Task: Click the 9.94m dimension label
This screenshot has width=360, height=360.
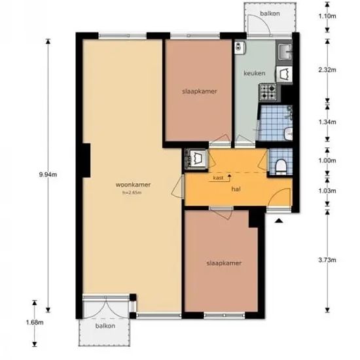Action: [48, 175]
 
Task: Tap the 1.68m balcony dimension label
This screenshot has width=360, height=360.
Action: [35, 322]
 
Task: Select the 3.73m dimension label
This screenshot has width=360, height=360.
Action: [327, 260]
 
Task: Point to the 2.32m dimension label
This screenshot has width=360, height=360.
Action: [327, 69]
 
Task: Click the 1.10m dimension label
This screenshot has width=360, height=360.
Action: [327, 16]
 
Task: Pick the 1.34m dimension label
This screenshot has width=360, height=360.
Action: [327, 122]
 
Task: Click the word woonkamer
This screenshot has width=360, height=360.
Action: [133, 185]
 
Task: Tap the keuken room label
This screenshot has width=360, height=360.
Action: [255, 73]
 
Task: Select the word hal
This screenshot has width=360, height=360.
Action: [236, 189]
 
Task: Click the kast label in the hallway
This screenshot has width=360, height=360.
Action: [218, 177]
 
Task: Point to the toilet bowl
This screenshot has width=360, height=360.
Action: [281, 166]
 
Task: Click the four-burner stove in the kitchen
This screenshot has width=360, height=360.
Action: [268, 92]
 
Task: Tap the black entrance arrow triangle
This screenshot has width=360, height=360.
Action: [279, 221]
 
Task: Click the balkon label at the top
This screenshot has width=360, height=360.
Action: [270, 14]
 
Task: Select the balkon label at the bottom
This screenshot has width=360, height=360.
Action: [105, 326]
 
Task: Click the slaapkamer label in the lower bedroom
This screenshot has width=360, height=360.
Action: [224, 263]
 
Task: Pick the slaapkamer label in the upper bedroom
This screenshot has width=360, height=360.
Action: [200, 92]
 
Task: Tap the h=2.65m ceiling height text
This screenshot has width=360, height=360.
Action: [132, 192]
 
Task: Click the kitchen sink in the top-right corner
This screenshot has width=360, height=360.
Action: [285, 52]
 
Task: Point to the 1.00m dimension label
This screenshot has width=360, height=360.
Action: [327, 160]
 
